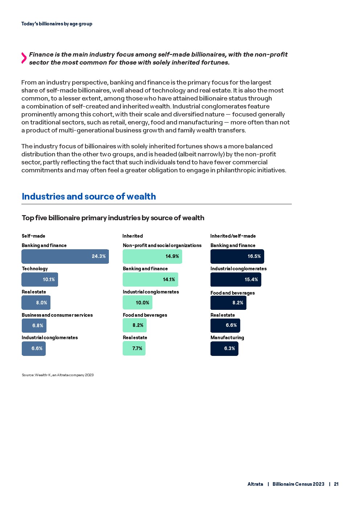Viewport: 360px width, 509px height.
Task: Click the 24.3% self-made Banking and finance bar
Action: click(65, 256)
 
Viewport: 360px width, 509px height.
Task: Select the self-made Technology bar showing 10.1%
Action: click(40, 279)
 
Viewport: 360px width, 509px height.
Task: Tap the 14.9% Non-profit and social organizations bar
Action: click(152, 256)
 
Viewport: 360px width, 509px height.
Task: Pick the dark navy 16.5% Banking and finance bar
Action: click(237, 256)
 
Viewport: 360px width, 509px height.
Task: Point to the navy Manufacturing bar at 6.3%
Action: click(224, 349)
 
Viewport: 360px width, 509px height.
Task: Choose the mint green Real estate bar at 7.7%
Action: click(134, 349)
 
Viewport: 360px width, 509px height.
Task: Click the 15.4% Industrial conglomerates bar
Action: click(236, 280)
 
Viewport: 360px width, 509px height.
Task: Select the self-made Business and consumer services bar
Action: click(34, 326)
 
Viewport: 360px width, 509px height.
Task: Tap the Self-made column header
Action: click(33, 236)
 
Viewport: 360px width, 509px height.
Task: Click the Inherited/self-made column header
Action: click(233, 236)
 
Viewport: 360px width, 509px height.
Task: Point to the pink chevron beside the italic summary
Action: click(24, 58)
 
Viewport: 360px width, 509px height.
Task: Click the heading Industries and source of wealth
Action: click(89, 197)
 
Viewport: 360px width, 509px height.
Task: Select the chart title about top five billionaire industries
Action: click(113, 218)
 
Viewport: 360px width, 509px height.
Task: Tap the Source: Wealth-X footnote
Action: click(58, 375)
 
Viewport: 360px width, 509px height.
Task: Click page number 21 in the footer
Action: click(336, 484)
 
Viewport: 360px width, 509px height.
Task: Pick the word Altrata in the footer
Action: click(255, 484)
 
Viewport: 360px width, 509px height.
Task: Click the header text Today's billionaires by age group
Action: click(57, 24)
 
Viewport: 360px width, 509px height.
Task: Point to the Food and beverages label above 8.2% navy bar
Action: click(233, 293)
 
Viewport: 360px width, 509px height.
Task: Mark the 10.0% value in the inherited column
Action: click(142, 303)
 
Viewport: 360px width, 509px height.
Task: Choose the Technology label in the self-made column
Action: click(35, 269)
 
